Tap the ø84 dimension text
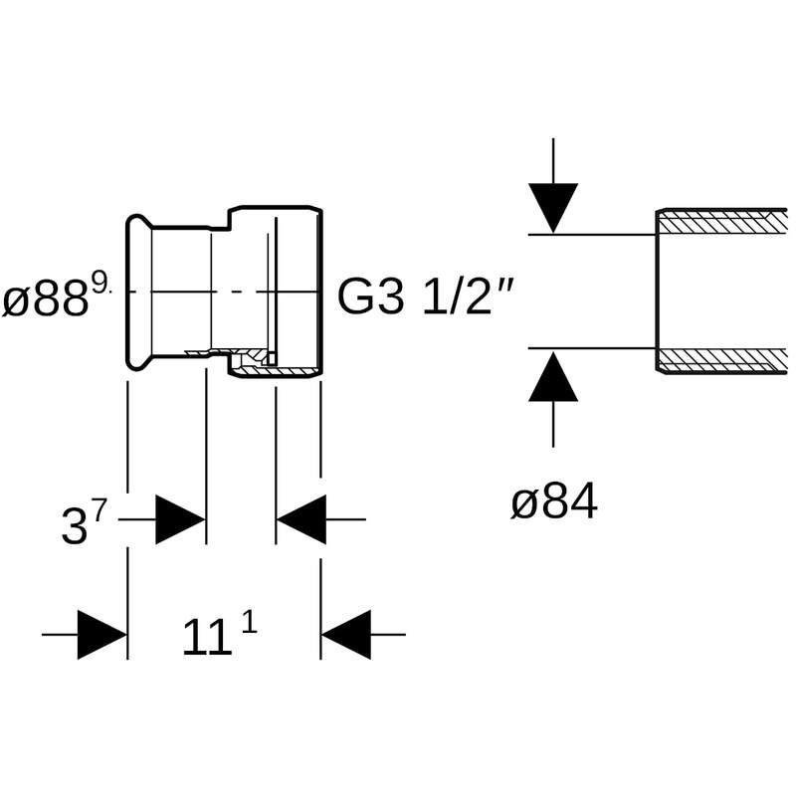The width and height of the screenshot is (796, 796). pyautogui.click(x=554, y=503)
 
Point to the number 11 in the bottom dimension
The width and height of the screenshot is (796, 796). pyautogui.click(x=206, y=638)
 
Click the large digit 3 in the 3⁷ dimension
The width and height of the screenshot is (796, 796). pyautogui.click(x=74, y=526)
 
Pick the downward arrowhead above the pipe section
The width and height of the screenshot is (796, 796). pyautogui.click(x=553, y=207)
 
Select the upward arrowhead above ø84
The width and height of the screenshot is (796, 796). pyautogui.click(x=553, y=376)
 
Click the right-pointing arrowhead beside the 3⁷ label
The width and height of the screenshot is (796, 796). pyautogui.click(x=180, y=519)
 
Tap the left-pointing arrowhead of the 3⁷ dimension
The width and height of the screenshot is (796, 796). pyautogui.click(x=301, y=519)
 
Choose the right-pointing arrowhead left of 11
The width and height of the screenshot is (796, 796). pyautogui.click(x=102, y=634)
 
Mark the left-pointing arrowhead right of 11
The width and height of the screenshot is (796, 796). pyautogui.click(x=345, y=634)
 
